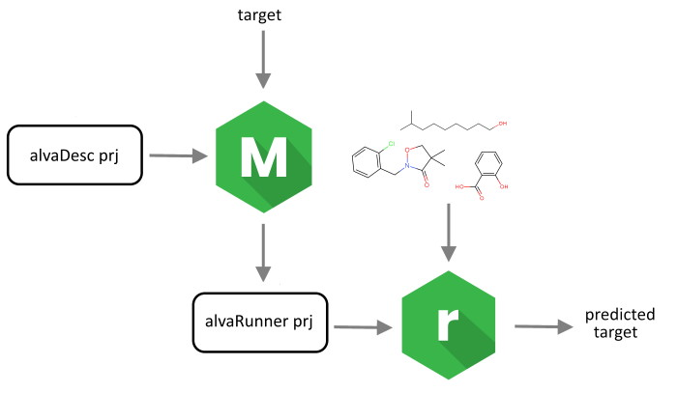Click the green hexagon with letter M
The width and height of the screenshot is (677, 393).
(x=263, y=155)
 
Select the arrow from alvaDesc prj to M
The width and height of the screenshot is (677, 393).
(x=173, y=154)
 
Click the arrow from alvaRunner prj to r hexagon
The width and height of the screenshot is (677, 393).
(x=363, y=326)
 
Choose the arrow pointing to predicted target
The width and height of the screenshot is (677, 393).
(x=545, y=326)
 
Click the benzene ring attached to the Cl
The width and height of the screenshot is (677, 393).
(x=368, y=164)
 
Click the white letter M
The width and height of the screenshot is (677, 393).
(x=262, y=155)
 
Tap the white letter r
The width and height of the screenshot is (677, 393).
(x=445, y=325)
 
